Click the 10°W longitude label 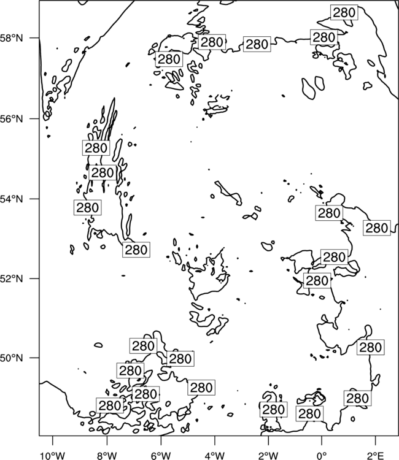coord(53,456)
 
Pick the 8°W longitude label coord(107,456)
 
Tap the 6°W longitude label coord(161,456)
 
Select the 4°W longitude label coord(214,456)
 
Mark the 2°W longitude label coord(268,456)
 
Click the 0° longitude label coord(322,456)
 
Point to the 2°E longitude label coord(376,456)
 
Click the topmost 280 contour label coord(344,12)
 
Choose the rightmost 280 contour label coord(377,228)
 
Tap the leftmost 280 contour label coord(88,207)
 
